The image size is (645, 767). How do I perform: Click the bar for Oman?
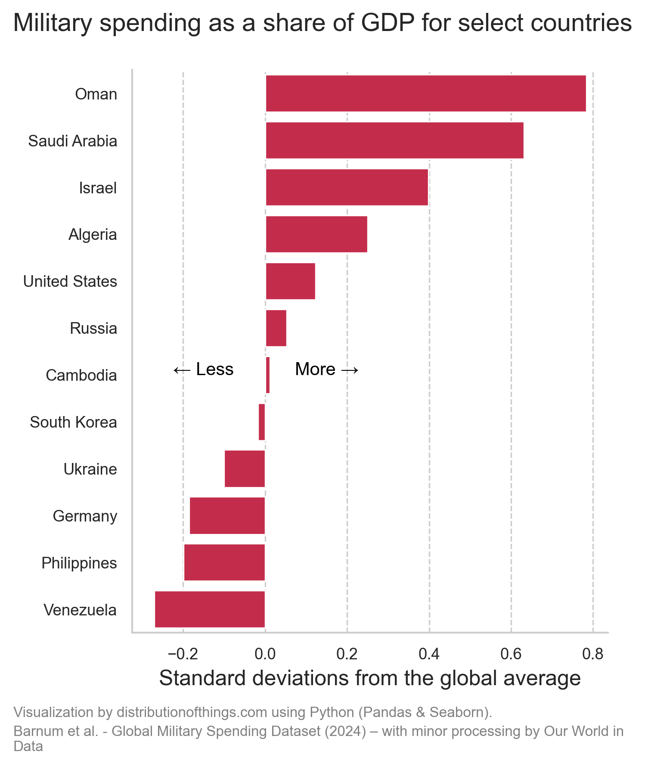[425, 93]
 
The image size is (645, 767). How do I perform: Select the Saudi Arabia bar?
[394, 140]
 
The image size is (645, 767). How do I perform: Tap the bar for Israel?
[347, 187]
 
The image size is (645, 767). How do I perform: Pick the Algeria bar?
[316, 234]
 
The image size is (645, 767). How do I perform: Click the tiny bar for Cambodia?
[268, 375]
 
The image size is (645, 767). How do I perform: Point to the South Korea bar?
[262, 422]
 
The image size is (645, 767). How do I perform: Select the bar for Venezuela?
[210, 609]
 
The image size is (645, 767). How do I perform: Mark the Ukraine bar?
[245, 469]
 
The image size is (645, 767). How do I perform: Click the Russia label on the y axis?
[93, 329]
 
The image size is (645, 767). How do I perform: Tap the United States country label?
[70, 282]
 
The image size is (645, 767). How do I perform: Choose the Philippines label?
[79, 563]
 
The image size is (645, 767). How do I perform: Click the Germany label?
[85, 516]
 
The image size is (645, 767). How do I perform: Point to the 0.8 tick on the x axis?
[592, 654]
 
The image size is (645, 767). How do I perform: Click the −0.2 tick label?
[183, 654]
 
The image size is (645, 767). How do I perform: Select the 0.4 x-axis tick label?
[429, 654]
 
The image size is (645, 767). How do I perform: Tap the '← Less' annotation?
[203, 370]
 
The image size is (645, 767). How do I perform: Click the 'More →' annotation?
[327, 370]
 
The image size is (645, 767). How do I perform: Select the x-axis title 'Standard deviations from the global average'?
[370, 678]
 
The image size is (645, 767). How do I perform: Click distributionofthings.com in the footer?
[192, 713]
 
